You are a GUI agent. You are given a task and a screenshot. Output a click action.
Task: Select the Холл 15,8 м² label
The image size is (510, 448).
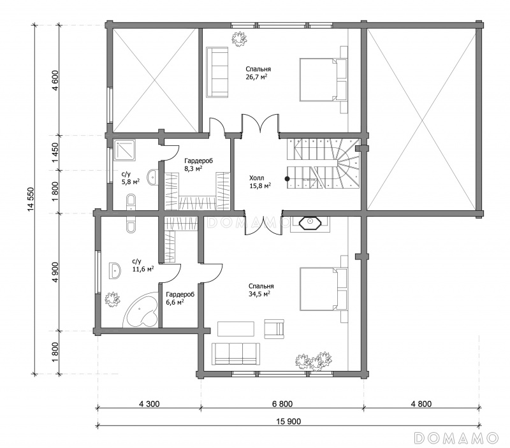click(260, 182)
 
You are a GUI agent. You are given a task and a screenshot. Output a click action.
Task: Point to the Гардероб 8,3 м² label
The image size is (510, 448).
click(198, 164)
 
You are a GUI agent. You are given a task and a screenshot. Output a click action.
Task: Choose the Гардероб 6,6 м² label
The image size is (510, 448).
click(180, 298)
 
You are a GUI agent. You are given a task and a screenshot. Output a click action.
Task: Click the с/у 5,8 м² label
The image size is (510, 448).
click(131, 178)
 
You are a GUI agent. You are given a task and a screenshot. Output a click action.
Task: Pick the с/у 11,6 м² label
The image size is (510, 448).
click(143, 265)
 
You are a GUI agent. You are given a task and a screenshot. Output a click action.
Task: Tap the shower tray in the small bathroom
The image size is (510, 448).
click(124, 150)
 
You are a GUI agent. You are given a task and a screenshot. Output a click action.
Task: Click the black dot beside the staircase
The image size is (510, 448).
click(288, 178)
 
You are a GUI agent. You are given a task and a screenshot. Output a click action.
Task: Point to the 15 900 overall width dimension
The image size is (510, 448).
click(289, 422)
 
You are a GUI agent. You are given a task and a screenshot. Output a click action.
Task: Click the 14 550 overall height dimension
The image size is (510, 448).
click(31, 199)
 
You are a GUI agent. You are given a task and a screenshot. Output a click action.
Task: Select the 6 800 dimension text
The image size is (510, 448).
click(282, 404)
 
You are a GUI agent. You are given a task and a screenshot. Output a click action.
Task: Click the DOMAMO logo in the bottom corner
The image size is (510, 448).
click(456, 438)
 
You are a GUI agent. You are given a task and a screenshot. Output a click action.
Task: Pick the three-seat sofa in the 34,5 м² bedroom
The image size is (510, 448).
click(236, 354)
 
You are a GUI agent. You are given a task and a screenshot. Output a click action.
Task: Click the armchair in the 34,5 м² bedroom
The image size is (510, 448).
click(274, 329)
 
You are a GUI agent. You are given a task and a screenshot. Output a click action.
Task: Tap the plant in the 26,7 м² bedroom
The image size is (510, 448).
click(239, 39)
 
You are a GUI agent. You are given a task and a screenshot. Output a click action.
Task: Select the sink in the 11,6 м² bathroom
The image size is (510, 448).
click(115, 270)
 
